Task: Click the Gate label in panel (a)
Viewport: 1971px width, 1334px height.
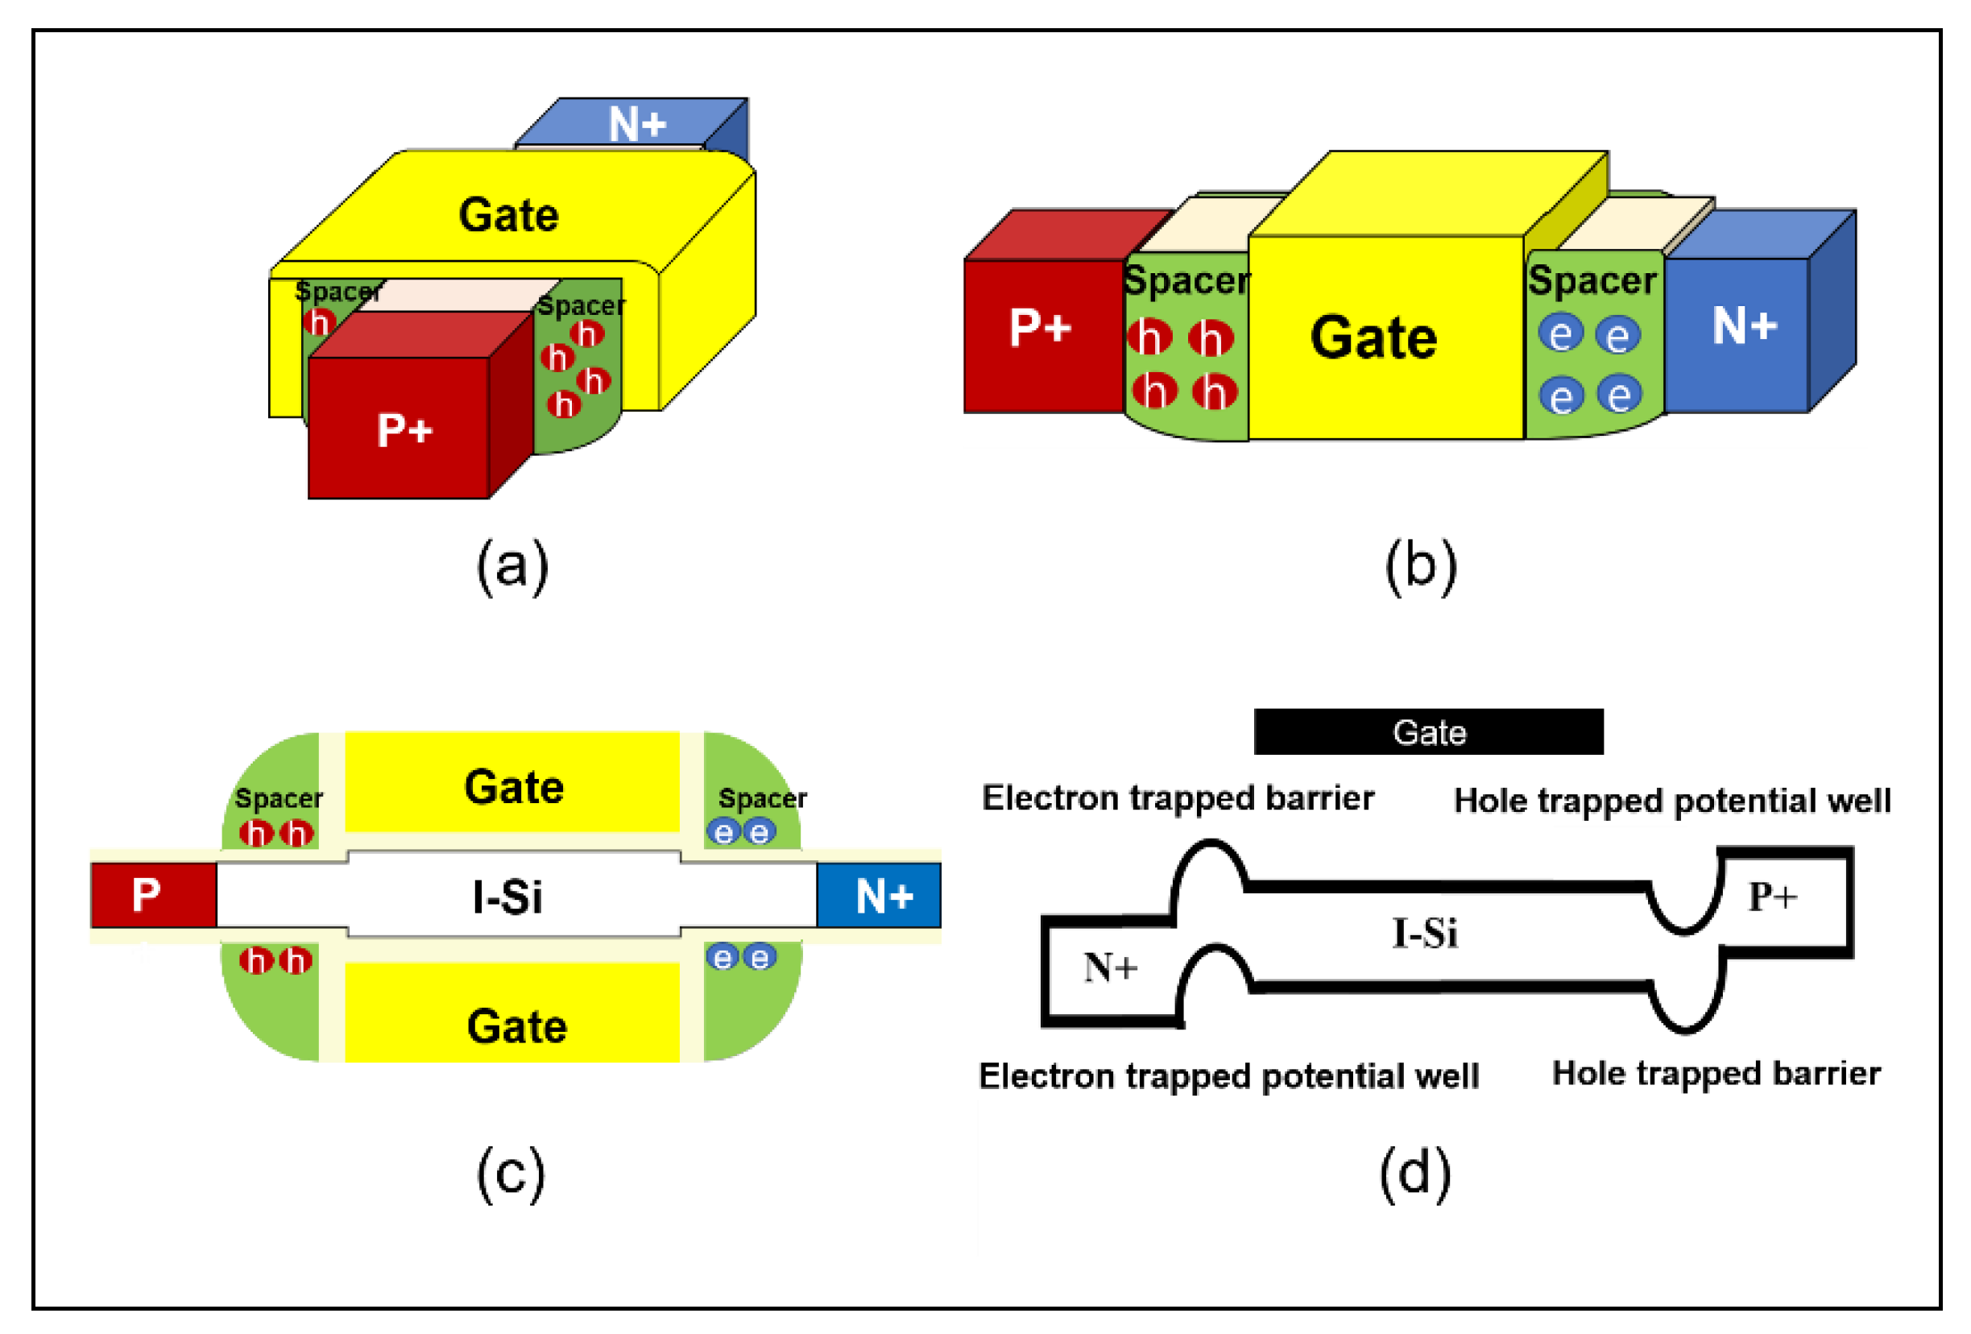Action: coord(509,215)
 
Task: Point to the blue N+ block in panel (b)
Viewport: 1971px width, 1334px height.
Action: coord(1742,327)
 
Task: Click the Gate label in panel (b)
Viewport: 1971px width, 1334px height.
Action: coord(1373,338)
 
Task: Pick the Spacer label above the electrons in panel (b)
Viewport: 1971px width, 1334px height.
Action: coord(1592,280)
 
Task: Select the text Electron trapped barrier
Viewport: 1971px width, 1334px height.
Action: coord(1177,798)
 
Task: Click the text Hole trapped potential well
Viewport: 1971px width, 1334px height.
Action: coord(1671,801)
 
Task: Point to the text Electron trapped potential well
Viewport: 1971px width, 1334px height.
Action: coord(1228,1076)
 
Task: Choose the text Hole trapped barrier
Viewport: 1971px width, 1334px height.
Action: coord(1716,1074)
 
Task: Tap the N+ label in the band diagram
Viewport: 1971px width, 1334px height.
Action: coord(1110,967)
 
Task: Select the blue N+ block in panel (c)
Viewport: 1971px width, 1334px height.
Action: coord(880,896)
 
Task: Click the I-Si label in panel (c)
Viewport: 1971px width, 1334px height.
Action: coord(507,897)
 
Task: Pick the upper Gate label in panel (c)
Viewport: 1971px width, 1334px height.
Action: coord(513,787)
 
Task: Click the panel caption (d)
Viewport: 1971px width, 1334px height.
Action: coord(1414,1174)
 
